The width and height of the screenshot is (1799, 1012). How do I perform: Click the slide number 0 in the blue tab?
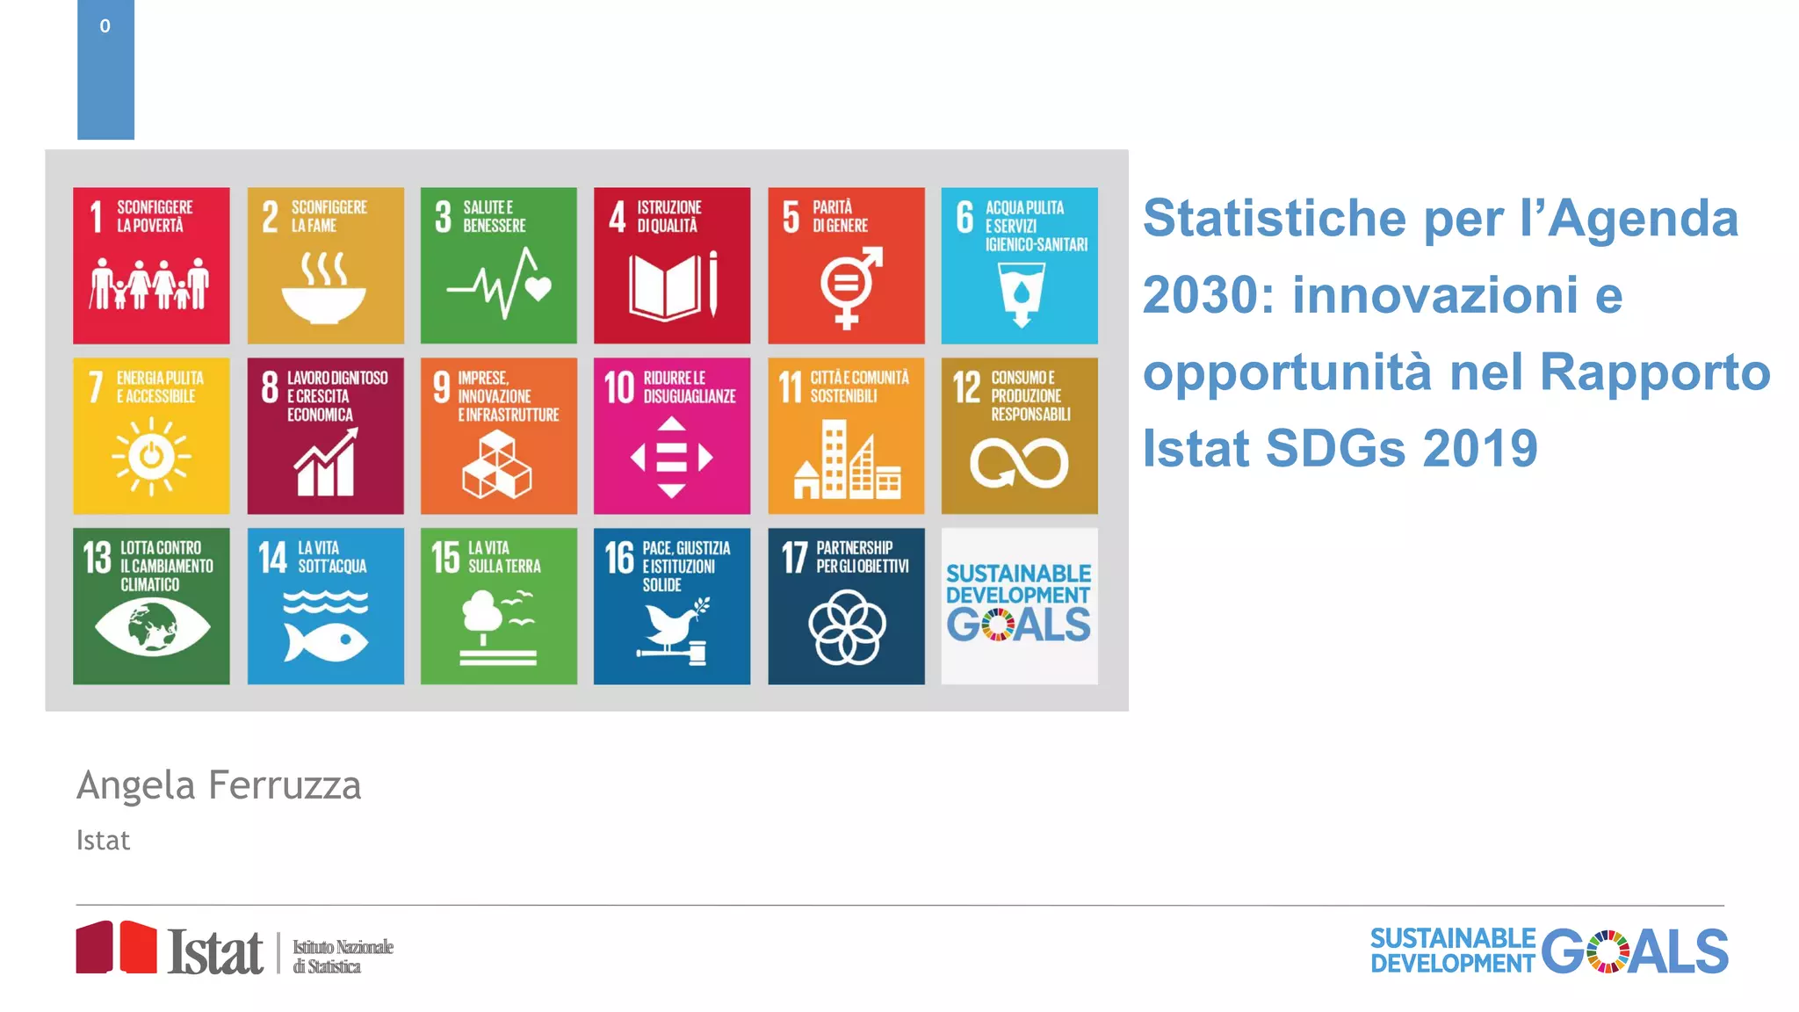105,26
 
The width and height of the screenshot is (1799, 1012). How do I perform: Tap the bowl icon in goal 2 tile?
324,290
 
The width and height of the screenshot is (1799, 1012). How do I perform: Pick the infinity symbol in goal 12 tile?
1019,463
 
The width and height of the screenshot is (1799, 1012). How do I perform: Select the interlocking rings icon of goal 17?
847,627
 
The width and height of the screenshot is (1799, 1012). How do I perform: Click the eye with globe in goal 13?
152,627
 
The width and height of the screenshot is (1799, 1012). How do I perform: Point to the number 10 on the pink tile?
618,387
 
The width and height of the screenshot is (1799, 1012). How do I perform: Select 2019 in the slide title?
1480,449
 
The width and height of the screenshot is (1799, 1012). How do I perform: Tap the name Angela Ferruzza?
219,785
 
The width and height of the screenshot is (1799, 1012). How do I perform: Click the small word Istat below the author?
103,841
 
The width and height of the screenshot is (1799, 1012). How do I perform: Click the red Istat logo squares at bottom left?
116,948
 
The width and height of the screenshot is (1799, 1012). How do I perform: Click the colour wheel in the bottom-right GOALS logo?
1608,952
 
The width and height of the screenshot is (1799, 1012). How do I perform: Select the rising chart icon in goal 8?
325,463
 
